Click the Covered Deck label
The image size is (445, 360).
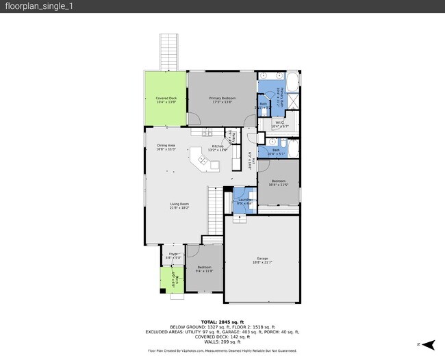(x=166, y=100)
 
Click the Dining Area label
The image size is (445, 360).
(x=166, y=147)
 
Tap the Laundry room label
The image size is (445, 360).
(x=244, y=201)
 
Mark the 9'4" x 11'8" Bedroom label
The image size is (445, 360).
(x=205, y=269)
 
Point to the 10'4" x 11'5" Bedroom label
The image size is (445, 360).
(x=277, y=183)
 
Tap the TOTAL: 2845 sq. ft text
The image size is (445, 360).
(x=222, y=322)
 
